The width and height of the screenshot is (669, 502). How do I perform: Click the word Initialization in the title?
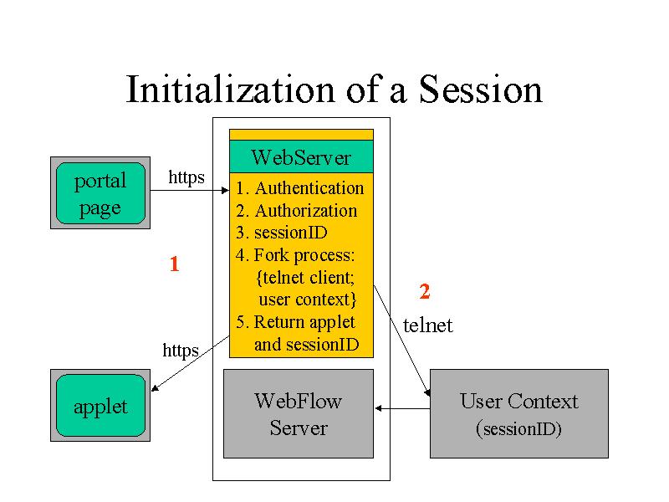pyautogui.click(x=231, y=89)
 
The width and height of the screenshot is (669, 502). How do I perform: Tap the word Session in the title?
pyautogui.click(x=480, y=89)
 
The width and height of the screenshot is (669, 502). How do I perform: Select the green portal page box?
pyautogui.click(x=100, y=193)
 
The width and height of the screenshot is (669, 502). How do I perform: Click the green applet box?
pyautogui.click(x=100, y=406)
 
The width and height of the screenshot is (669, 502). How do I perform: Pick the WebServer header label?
pyautogui.click(x=301, y=157)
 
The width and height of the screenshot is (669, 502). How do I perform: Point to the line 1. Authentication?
pyautogui.click(x=300, y=188)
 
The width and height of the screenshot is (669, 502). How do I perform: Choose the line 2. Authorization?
pyautogui.click(x=297, y=211)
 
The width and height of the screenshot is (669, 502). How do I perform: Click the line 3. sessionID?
pyautogui.click(x=282, y=233)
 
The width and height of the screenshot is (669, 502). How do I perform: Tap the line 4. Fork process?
pyautogui.click(x=295, y=255)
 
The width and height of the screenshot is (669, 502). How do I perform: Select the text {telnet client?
pyautogui.click(x=305, y=278)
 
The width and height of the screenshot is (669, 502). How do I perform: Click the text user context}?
pyautogui.click(x=308, y=300)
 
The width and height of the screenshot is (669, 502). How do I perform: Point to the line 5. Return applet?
pyautogui.click(x=295, y=322)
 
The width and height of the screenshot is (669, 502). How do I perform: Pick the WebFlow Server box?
pyautogui.click(x=299, y=413)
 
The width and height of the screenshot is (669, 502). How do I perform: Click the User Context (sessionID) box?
pyautogui.click(x=519, y=413)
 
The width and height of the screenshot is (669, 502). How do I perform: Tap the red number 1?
pyautogui.click(x=174, y=264)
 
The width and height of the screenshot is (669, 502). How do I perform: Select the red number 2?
pyautogui.click(x=425, y=291)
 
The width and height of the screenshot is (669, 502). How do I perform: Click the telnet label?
pyautogui.click(x=427, y=325)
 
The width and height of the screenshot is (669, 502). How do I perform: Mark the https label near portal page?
pyautogui.click(x=186, y=177)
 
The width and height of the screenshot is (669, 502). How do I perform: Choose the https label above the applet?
pyautogui.click(x=181, y=350)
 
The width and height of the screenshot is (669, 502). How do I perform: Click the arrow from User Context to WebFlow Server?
pyautogui.click(x=403, y=408)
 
